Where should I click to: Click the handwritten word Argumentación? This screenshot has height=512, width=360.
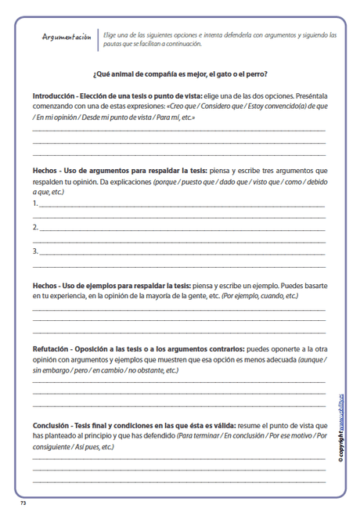[69, 37]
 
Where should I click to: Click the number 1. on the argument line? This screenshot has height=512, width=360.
[36, 204]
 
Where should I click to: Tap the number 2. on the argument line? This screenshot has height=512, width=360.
[36, 228]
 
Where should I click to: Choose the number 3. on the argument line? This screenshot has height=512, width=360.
[36, 251]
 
